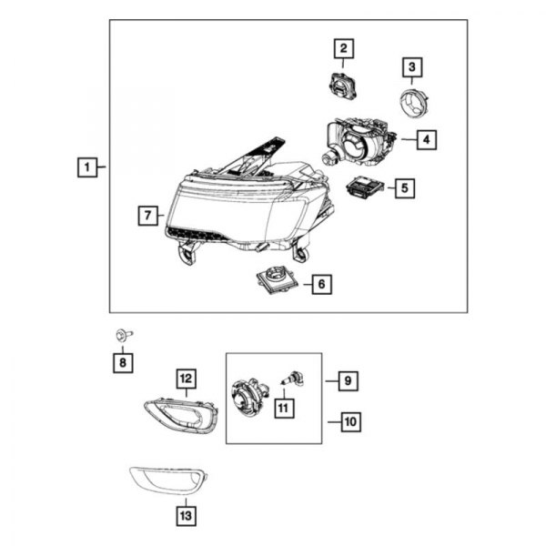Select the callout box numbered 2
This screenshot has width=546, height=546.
[x=343, y=48]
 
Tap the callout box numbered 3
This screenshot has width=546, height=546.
[x=411, y=66]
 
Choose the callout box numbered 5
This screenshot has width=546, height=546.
[x=403, y=188]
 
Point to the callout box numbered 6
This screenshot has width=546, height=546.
[x=319, y=284]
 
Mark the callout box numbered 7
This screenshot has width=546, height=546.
[x=146, y=216]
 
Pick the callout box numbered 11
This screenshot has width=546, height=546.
[x=282, y=409]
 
